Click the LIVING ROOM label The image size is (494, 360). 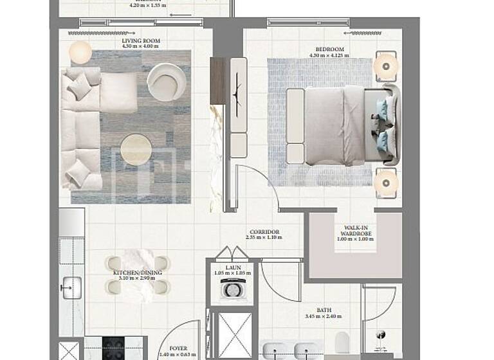coord(141,40)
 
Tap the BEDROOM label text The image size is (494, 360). coord(329,49)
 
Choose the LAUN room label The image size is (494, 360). coord(232,267)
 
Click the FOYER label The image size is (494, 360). coord(174,349)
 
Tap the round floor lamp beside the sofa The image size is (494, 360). coord(80,52)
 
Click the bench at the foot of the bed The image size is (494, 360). coord(295,125)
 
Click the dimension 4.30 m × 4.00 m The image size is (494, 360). coord(141,47)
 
